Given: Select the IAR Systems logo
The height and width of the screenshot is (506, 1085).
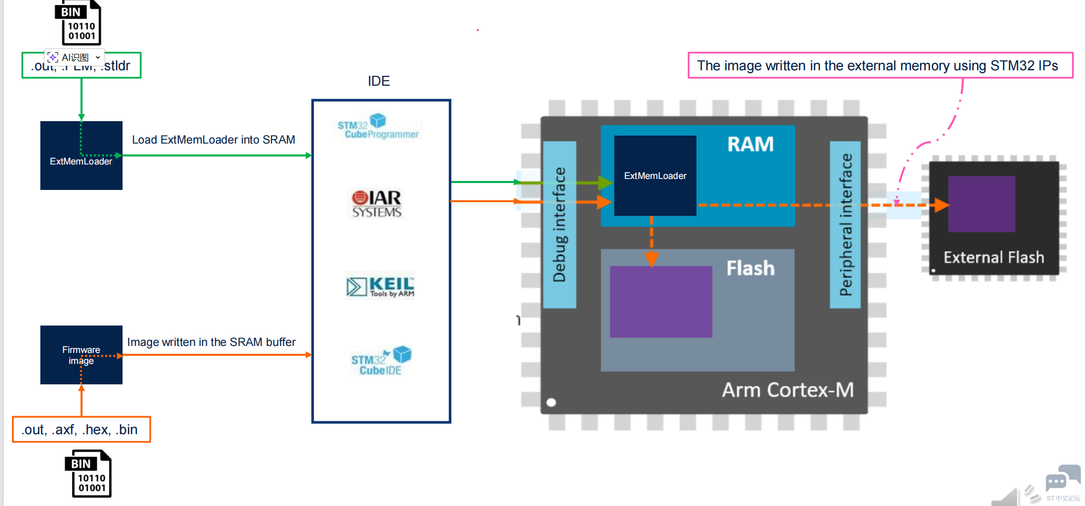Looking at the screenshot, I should click(377, 203).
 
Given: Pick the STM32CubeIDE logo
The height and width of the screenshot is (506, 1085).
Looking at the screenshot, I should click(381, 360).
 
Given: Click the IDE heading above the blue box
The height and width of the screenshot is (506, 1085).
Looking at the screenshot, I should click(379, 81).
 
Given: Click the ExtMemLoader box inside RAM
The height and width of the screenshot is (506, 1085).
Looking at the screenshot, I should click(655, 175).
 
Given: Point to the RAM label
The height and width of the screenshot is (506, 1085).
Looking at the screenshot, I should click(750, 145).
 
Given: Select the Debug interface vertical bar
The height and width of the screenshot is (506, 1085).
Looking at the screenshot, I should click(559, 224).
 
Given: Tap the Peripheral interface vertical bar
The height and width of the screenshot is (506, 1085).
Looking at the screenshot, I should click(845, 224).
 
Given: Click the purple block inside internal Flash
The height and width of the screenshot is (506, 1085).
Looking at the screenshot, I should click(661, 302).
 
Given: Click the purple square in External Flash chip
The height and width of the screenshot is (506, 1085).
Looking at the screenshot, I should click(981, 204).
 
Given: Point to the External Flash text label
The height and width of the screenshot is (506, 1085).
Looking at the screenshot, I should click(994, 257).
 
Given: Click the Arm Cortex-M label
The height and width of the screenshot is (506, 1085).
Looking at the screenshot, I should click(788, 390).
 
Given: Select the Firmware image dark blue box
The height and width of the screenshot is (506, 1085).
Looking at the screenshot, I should click(81, 355).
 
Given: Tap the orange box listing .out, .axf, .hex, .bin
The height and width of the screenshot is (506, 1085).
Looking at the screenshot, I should click(81, 430).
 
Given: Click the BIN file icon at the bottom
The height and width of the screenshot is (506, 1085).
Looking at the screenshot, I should click(89, 474).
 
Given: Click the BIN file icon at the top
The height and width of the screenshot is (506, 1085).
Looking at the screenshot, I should click(78, 23).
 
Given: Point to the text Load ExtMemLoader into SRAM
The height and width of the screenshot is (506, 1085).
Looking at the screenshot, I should click(213, 140).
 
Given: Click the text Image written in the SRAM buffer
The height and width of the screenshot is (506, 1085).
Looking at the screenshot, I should click(211, 342).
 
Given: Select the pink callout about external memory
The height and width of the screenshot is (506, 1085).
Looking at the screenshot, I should click(880, 65).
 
